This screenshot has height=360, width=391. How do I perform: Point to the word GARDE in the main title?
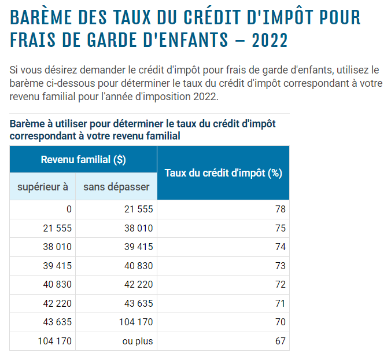(108, 41)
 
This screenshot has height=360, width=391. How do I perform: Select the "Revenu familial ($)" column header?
(83, 160)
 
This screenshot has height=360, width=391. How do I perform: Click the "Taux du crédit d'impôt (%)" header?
(223, 173)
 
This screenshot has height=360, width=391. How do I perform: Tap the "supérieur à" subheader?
(43, 186)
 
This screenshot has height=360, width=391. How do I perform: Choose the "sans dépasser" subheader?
(116, 186)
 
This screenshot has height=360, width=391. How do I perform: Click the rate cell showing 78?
(281, 210)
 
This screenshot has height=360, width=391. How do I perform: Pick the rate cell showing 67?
(281, 341)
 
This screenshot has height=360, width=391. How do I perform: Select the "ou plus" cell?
(138, 341)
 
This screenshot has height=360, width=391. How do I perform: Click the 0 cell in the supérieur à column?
(69, 210)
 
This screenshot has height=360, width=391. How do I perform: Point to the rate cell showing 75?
(281, 228)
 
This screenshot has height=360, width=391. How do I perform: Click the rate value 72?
(281, 285)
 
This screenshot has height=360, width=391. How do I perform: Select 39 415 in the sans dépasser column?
(138, 247)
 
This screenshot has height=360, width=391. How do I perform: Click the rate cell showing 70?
(281, 322)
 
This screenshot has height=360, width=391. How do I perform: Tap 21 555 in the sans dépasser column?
(138, 210)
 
